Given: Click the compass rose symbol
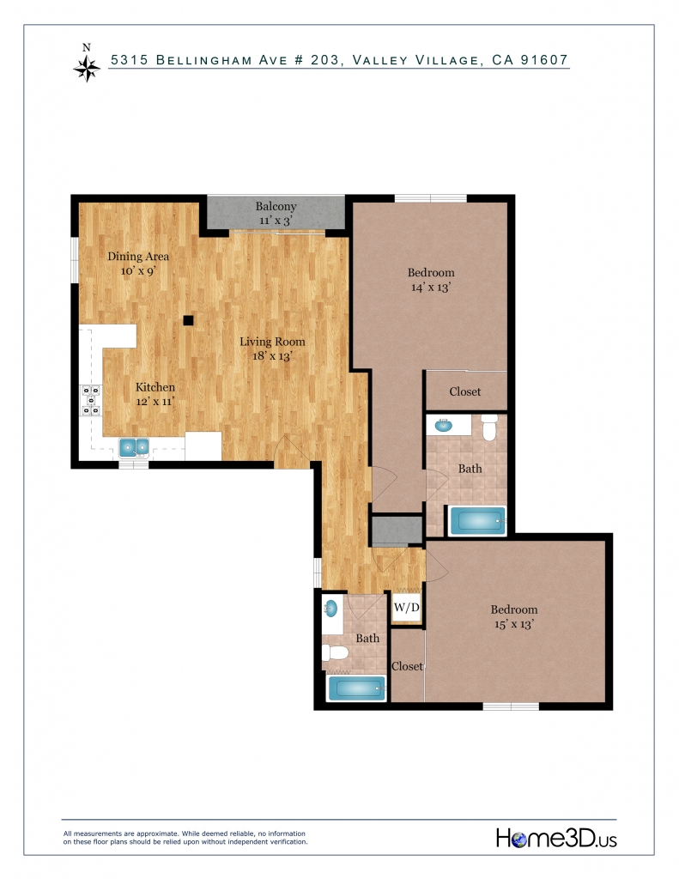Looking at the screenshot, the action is pos(87,68).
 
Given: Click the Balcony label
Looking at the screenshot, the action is pos(276,206).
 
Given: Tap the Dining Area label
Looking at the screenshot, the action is pos(138,256).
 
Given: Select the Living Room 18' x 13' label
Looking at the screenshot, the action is pos(272,349).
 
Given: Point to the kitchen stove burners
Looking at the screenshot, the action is pos(91,400).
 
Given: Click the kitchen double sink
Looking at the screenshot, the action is pos(135,447).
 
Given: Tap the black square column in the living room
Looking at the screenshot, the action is pos(188,321).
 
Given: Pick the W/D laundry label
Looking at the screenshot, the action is pos(407,607).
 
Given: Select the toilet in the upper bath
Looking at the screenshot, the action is pos(490,427).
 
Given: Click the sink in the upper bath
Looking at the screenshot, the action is pos(444,425).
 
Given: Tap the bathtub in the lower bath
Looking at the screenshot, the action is pos(357,688).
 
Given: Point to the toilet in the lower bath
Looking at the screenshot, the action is pos(336,653).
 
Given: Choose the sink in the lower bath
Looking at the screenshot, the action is pos(330,608).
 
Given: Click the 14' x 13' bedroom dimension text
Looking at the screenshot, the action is pos(431,287).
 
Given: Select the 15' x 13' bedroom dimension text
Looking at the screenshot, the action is pos(514,624).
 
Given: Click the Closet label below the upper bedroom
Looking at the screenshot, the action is pos(464,391).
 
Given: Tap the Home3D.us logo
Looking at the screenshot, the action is pos(556,839).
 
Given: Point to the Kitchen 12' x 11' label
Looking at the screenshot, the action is pos(155,394).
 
